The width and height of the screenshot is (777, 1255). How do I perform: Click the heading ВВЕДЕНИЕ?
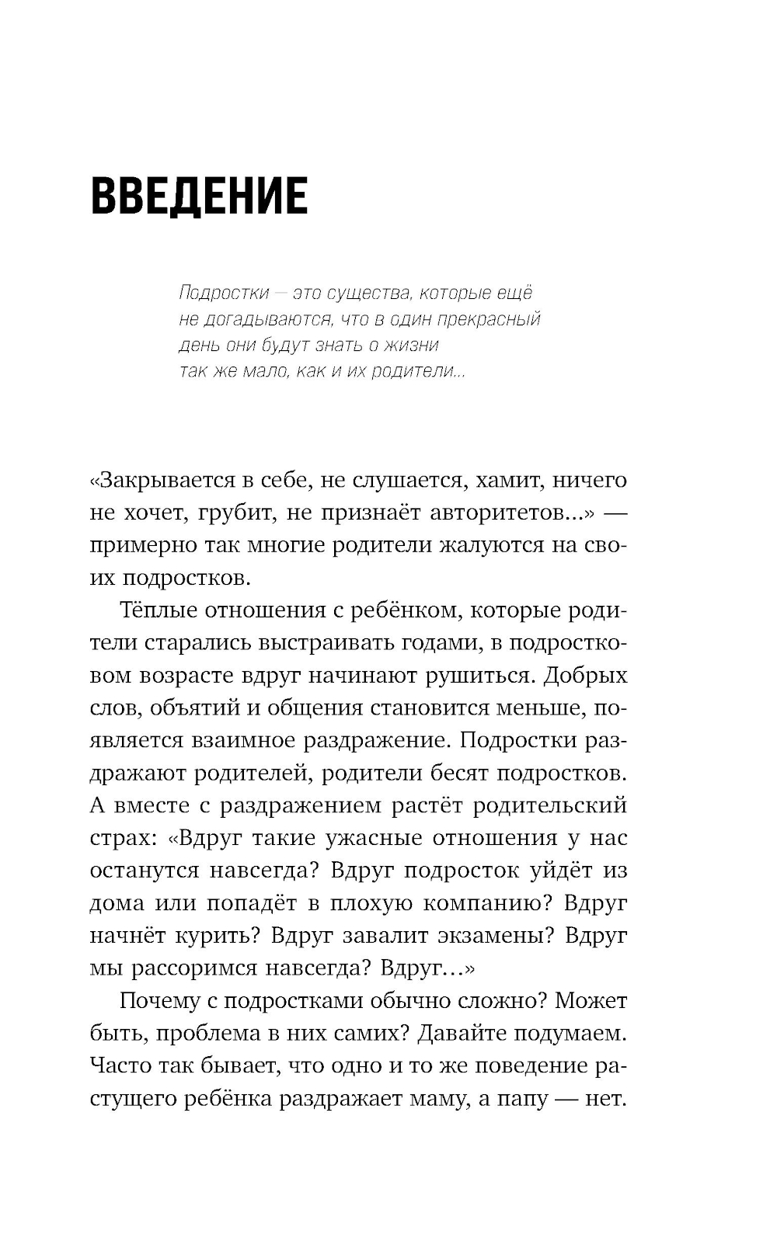199,196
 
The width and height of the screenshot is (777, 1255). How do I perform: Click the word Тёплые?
159,610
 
